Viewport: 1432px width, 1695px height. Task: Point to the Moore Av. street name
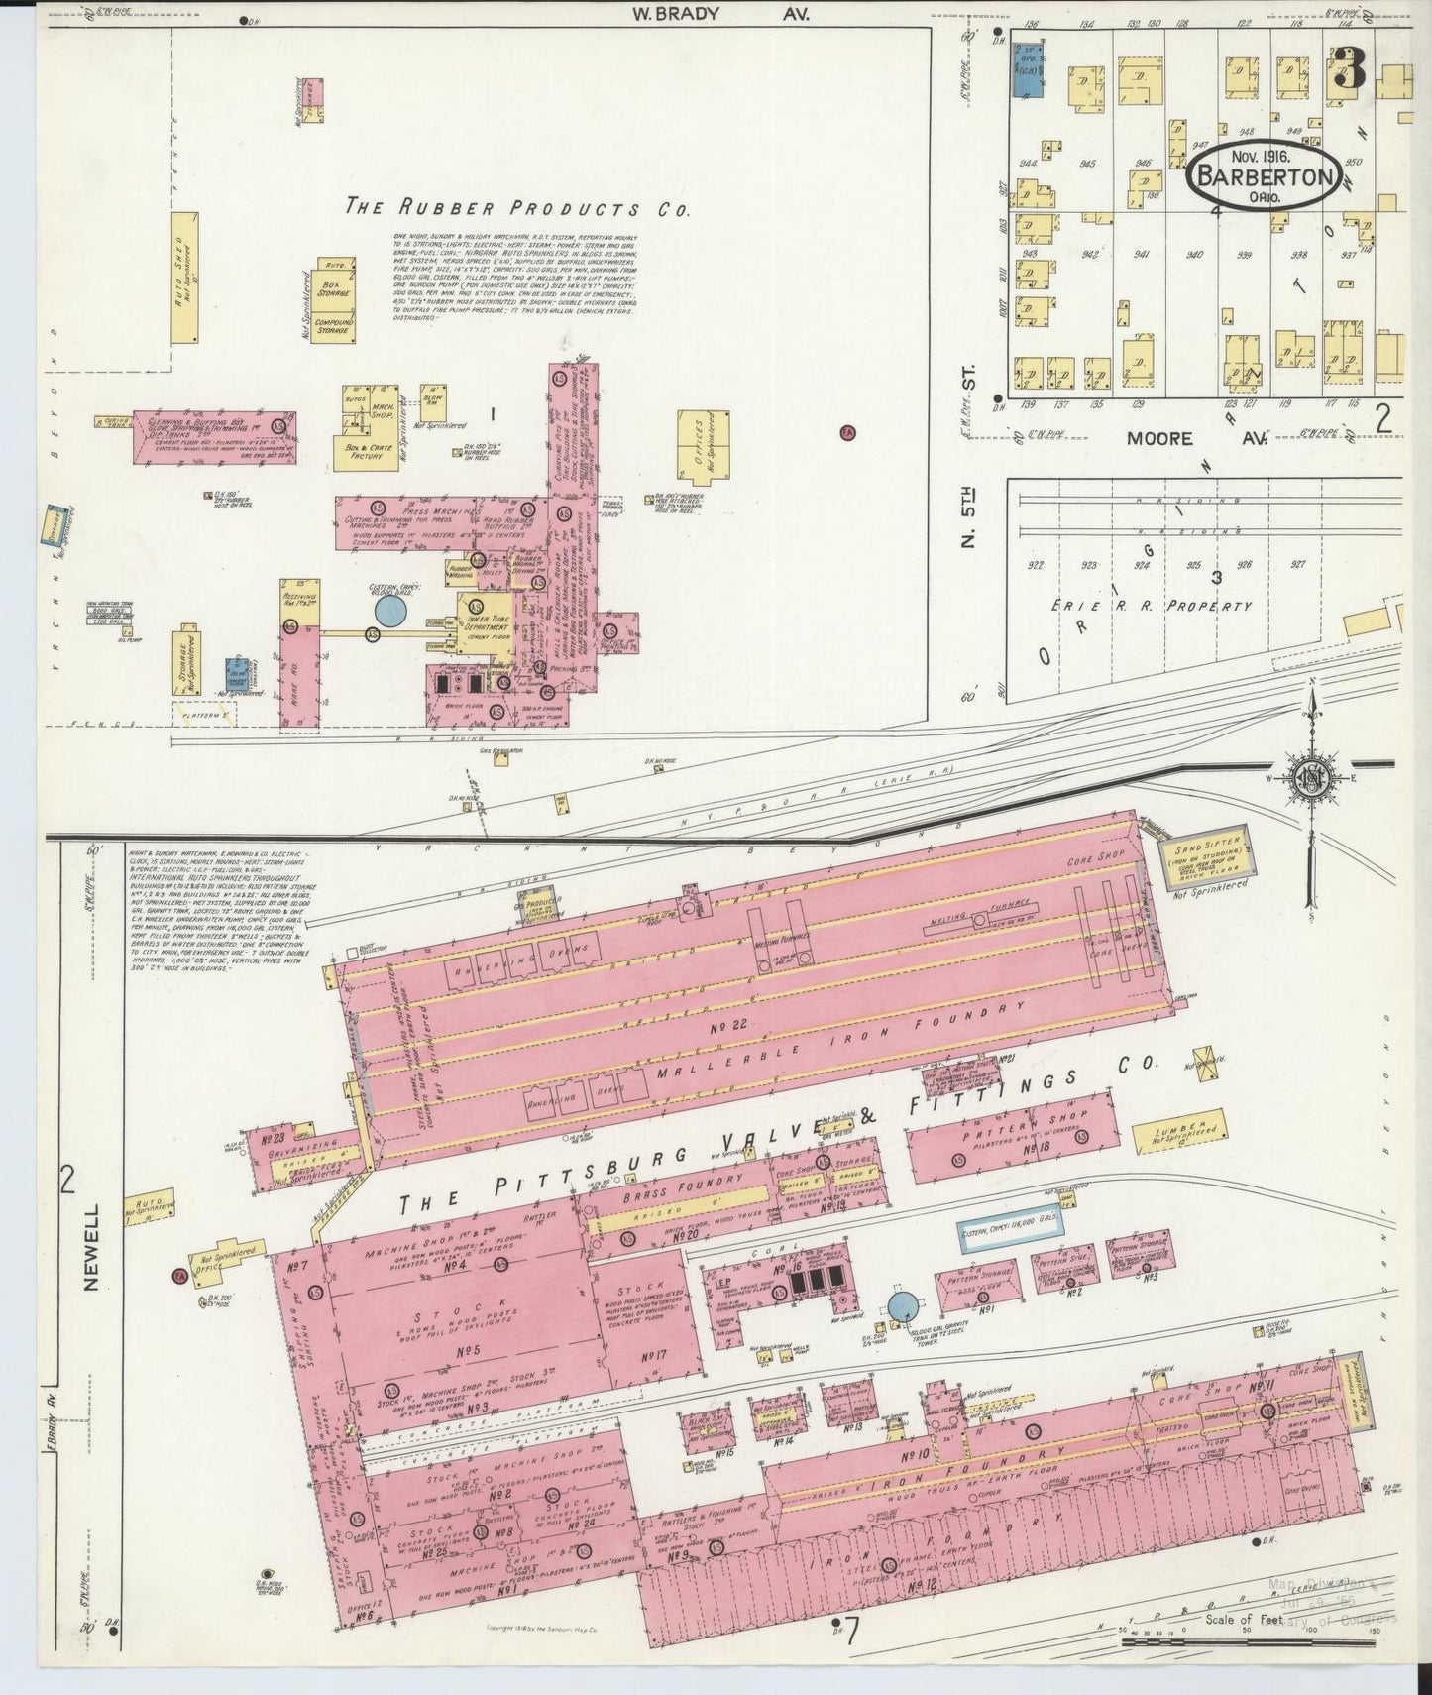[1196, 437]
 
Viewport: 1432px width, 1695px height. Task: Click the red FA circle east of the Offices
[846, 432]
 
